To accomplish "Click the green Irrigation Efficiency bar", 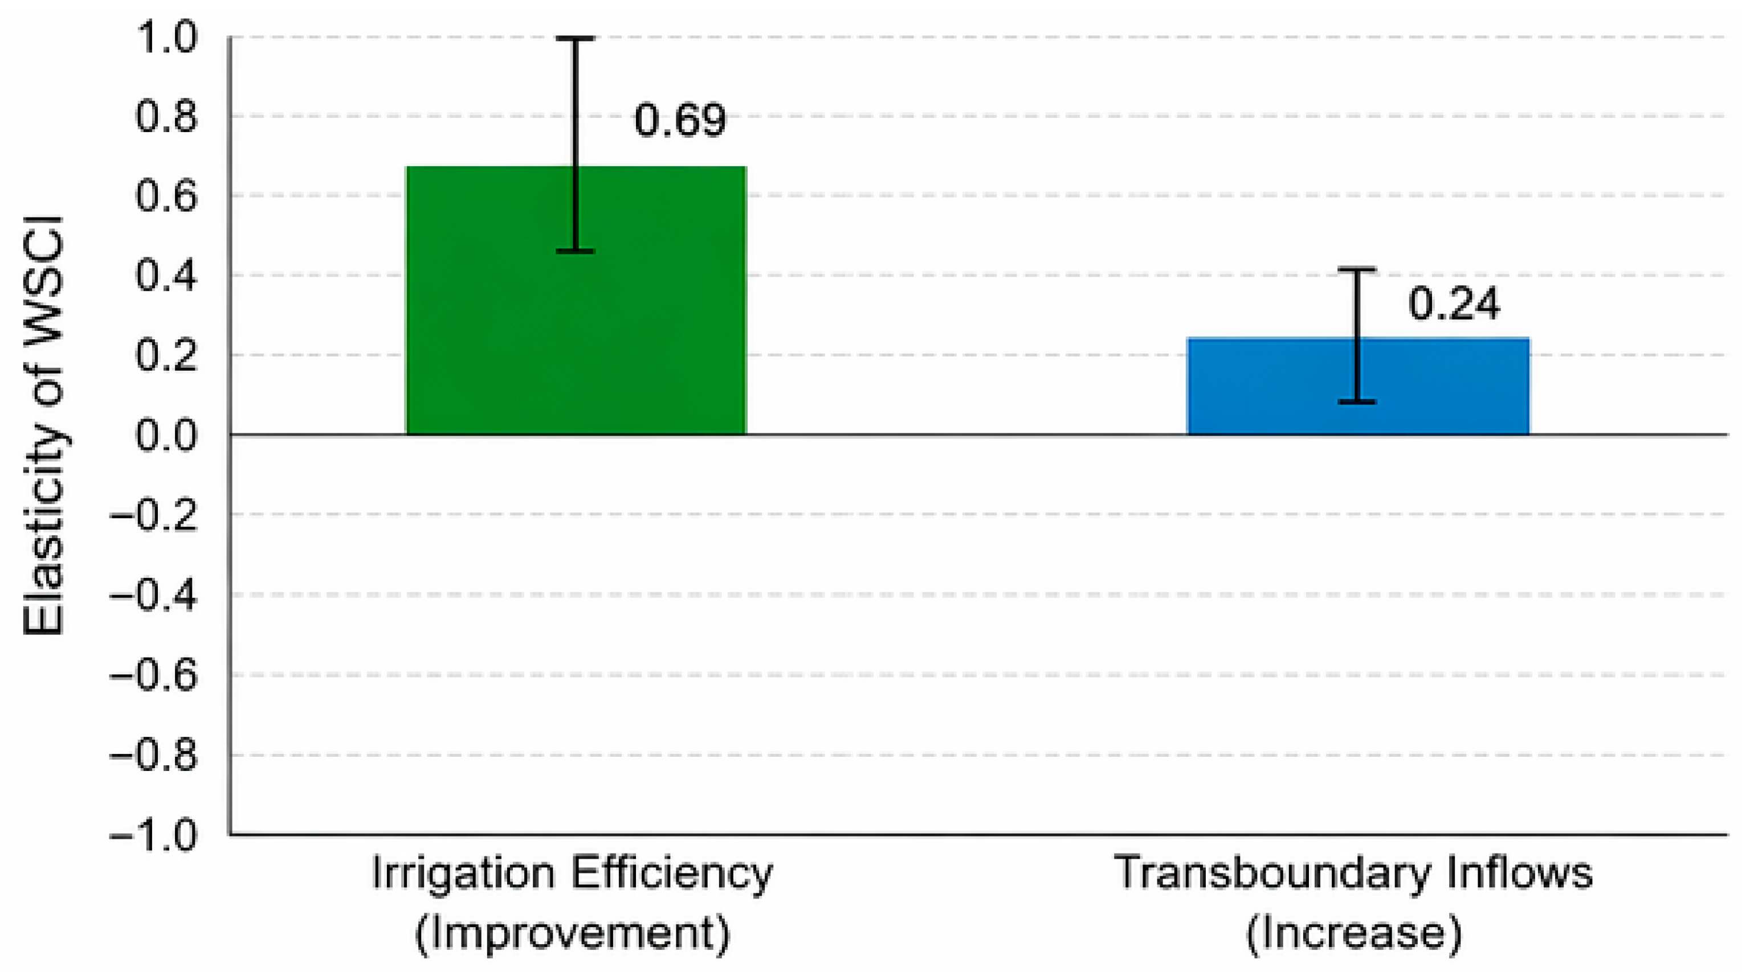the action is click(x=576, y=300).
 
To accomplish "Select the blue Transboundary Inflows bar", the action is click(x=1358, y=386).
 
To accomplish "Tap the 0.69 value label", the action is click(x=680, y=120).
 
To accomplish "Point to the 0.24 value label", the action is click(x=1454, y=304).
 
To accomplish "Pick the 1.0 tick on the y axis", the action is click(x=166, y=38).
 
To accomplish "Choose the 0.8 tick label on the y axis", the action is click(x=166, y=117).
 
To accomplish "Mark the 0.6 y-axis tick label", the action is click(x=166, y=196).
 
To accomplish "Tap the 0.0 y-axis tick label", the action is click(x=166, y=434).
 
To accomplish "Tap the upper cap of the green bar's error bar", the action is click(x=576, y=39).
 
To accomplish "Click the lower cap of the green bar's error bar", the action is click(x=576, y=252).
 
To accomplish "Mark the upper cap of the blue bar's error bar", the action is click(x=1357, y=270).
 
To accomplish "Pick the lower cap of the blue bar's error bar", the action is click(x=1357, y=402).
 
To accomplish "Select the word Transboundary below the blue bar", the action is click(x=1272, y=873).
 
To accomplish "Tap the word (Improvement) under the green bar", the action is click(x=572, y=934).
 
